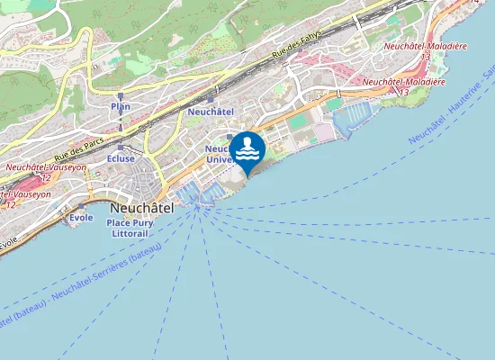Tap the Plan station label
(x=121, y=106)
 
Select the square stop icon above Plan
(x=121, y=94)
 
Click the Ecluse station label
(x=121, y=158)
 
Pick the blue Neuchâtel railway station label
(x=211, y=111)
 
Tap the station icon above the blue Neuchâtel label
(x=211, y=99)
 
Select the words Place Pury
(x=128, y=220)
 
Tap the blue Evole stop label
(x=81, y=218)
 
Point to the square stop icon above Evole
(x=81, y=207)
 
